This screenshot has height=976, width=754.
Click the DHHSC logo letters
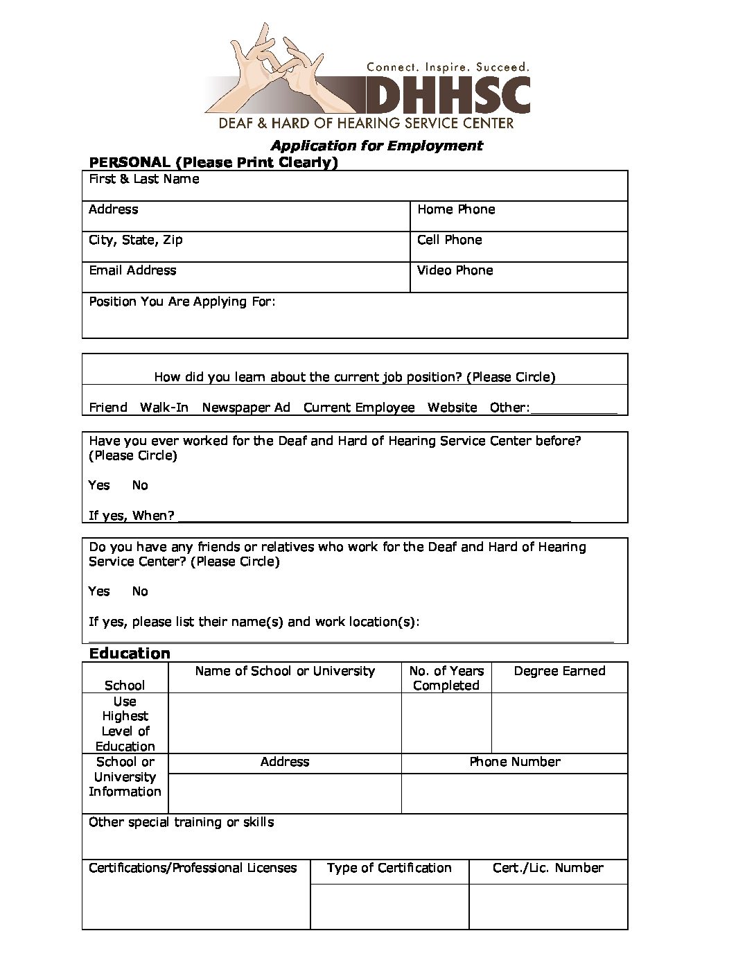pos(447,95)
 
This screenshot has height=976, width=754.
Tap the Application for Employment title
pos(376,146)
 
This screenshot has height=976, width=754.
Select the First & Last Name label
pos(144,179)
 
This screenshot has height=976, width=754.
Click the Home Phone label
pos(456,209)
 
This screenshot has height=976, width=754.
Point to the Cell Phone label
pos(450,240)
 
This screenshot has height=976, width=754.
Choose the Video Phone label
pos(455,270)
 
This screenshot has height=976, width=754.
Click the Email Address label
pos(132,270)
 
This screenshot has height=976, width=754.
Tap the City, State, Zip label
pos(136,240)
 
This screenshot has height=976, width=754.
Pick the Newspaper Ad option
pos(246,408)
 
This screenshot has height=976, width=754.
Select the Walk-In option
pos(164,408)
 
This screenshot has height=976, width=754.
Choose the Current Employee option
pos(359,408)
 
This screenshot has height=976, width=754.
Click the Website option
pos(453,408)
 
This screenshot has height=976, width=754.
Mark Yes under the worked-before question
pos(99,485)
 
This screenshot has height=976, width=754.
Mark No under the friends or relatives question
pos(140,591)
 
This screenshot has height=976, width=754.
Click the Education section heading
pos(130,654)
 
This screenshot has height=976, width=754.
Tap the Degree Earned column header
pos(559,671)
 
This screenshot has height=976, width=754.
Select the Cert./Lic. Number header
pos(548,868)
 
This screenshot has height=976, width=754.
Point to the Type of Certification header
pos(389,868)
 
